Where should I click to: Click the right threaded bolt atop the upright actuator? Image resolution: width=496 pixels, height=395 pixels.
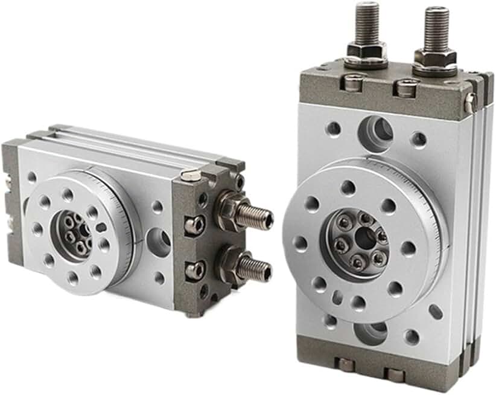[436, 27]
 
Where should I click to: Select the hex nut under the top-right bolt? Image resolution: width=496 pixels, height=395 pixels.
[435, 59]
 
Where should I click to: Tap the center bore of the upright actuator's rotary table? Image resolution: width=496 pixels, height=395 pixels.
[364, 239]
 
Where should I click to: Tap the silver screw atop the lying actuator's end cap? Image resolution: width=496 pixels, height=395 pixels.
[191, 175]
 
